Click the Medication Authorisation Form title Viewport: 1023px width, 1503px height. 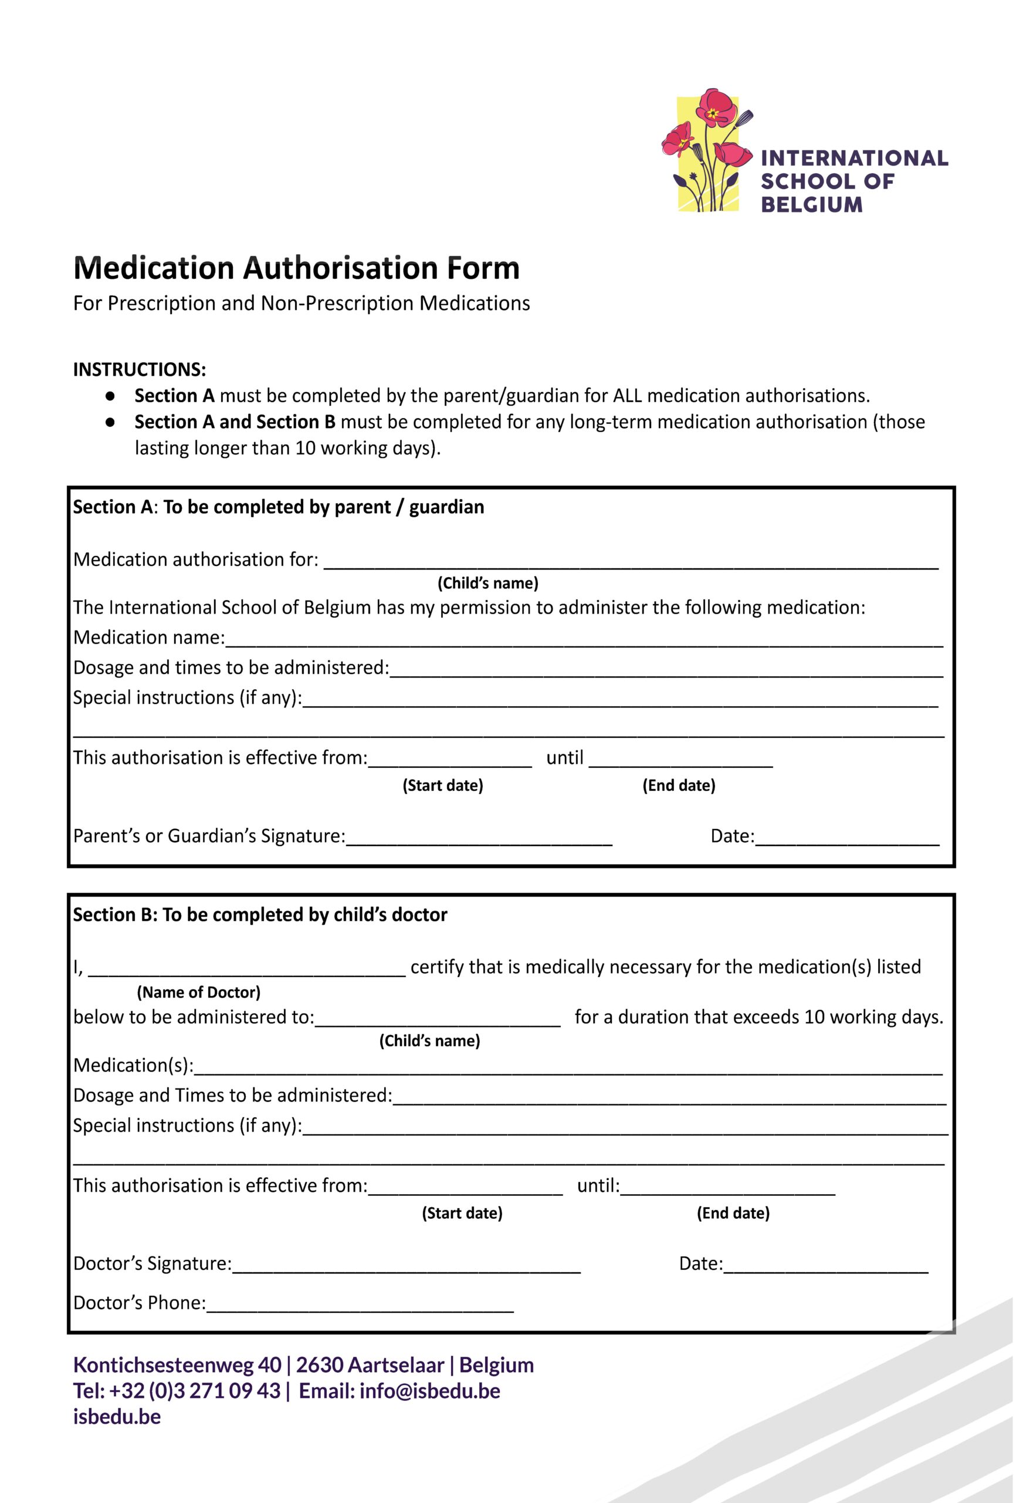296,268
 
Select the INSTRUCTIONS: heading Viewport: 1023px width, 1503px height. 140,369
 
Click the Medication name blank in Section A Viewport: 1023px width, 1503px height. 584,639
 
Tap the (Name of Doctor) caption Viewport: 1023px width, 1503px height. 198,992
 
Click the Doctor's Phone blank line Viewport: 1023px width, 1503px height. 360,1303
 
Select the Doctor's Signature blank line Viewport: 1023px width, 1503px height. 406,1265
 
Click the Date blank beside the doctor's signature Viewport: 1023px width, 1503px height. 825,1265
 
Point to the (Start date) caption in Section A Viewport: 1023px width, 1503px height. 443,786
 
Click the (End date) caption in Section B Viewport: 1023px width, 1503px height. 733,1214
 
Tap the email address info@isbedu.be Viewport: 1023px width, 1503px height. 430,1391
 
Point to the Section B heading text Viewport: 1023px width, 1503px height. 260,915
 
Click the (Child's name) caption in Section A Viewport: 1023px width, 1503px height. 488,584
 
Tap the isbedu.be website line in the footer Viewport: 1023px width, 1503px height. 117,1417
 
